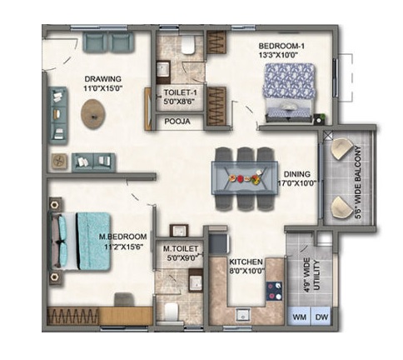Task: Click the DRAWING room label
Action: [103, 79]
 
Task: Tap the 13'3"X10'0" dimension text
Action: [278, 55]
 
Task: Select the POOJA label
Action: [177, 122]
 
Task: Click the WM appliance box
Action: [299, 317]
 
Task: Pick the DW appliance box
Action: [321, 317]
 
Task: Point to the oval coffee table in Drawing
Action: [93, 114]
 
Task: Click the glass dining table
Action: [245, 177]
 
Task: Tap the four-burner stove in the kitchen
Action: [274, 291]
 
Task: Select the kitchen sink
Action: [243, 315]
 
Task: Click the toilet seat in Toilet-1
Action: [188, 45]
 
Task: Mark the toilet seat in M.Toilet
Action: [171, 312]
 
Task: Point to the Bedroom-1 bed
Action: [289, 92]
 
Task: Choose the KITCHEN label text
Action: [246, 262]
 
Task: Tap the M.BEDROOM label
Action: [123, 237]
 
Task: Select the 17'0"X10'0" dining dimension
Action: [297, 183]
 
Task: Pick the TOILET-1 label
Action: [181, 92]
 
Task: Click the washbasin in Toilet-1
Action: [163, 68]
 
